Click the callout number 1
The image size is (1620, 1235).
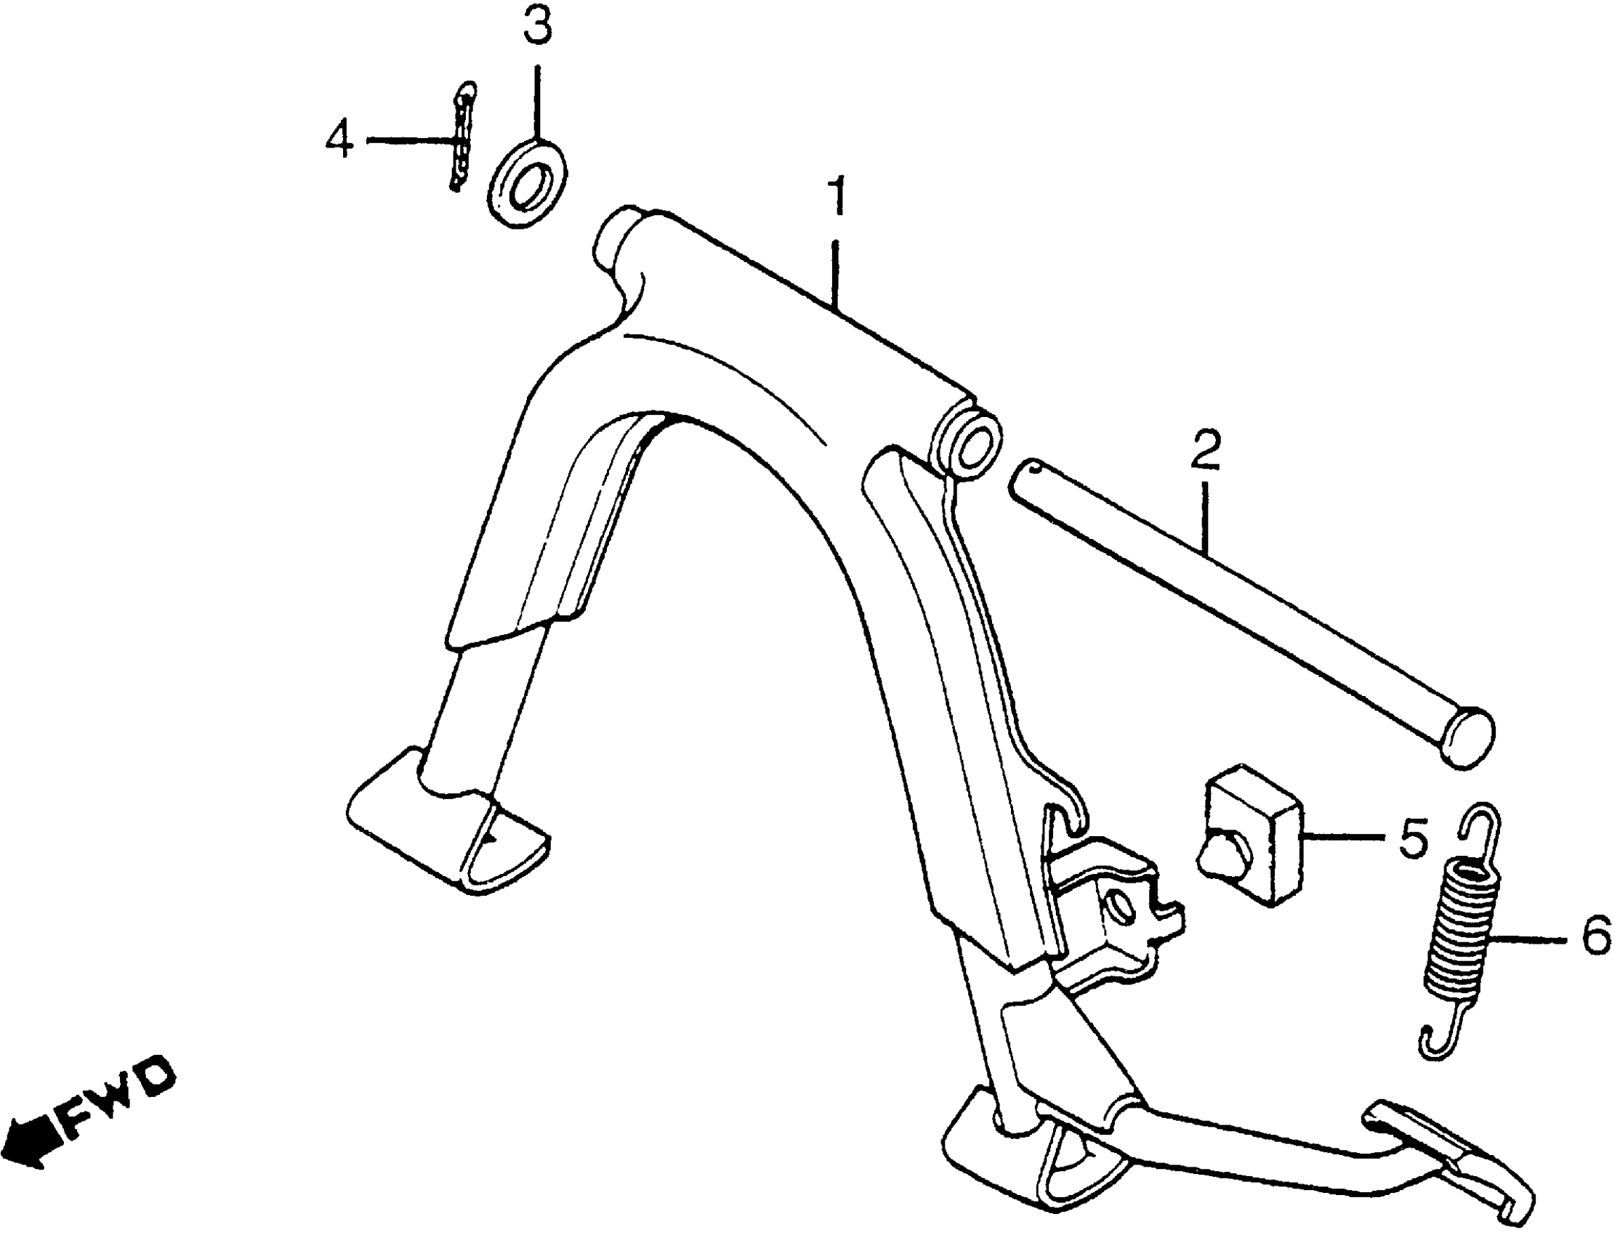pyautogui.click(x=836, y=195)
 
